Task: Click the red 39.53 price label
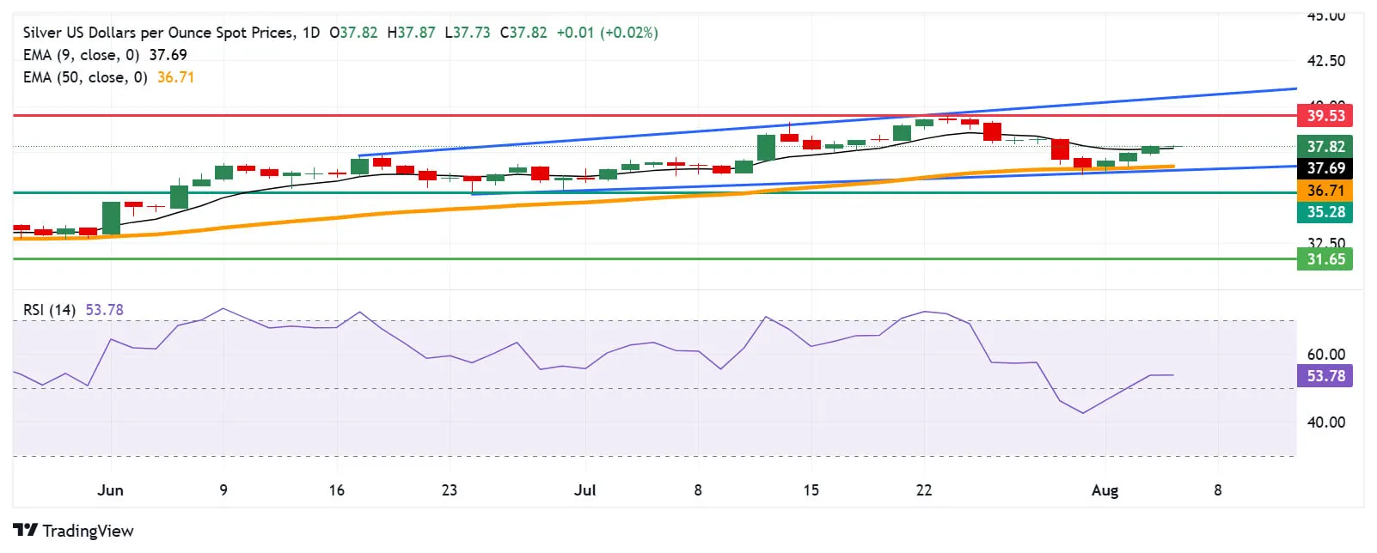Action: point(1325,116)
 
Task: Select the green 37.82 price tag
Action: point(1325,147)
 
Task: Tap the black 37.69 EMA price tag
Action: point(1325,168)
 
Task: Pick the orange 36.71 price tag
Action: point(1325,191)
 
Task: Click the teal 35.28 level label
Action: point(1325,212)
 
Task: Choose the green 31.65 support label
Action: point(1325,259)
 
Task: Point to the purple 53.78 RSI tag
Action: point(1325,376)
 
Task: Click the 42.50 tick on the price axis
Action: point(1325,61)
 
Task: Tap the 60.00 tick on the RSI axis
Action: point(1325,355)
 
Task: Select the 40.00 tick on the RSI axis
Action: point(1325,422)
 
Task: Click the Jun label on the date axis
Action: point(110,490)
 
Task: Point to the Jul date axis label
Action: point(584,490)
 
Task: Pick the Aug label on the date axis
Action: point(1105,490)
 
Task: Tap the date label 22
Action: point(923,490)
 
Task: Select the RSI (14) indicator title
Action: point(49,310)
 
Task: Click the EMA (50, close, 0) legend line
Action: point(85,77)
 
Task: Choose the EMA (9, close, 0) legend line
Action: point(81,55)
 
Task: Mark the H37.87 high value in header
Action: point(411,33)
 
